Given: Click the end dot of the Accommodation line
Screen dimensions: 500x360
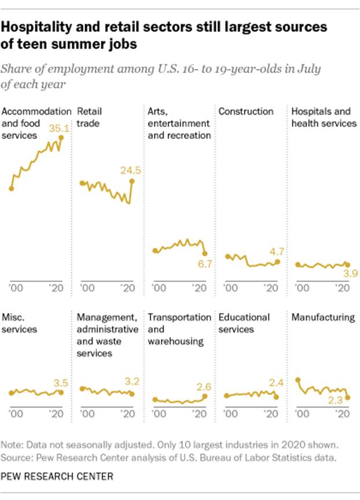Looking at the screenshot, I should (61, 138).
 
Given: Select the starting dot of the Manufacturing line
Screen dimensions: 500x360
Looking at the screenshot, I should (297, 380).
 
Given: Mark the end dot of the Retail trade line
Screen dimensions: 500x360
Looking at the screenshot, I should (133, 181).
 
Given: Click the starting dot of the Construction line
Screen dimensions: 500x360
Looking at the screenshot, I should (228, 256).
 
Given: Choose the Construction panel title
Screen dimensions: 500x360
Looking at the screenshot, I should (245, 111).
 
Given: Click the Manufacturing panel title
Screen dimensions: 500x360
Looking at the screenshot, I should (323, 317).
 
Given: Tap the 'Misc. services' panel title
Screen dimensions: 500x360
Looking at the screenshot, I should (20, 323).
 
